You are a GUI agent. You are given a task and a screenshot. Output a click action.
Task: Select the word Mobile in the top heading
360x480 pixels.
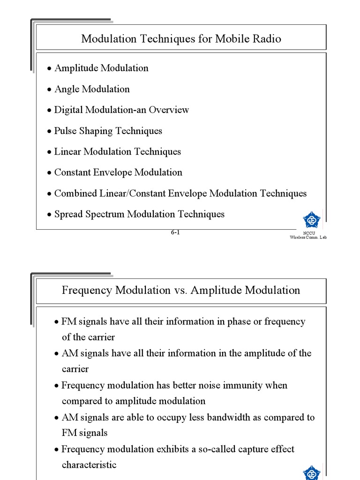click(x=231, y=39)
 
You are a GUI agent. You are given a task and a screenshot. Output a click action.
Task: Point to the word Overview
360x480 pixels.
click(x=169, y=110)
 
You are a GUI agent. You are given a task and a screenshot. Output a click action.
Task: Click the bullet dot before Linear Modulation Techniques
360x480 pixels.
click(x=49, y=152)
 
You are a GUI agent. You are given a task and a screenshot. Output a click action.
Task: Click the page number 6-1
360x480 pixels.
click(x=175, y=232)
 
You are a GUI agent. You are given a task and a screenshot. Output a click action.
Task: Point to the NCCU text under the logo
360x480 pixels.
click(x=309, y=233)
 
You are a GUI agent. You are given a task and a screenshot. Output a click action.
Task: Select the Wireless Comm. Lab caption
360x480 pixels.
click(x=308, y=238)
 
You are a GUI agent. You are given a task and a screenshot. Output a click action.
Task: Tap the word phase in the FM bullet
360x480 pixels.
click(x=240, y=322)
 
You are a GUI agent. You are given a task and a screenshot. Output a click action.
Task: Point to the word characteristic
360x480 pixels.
click(x=89, y=465)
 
